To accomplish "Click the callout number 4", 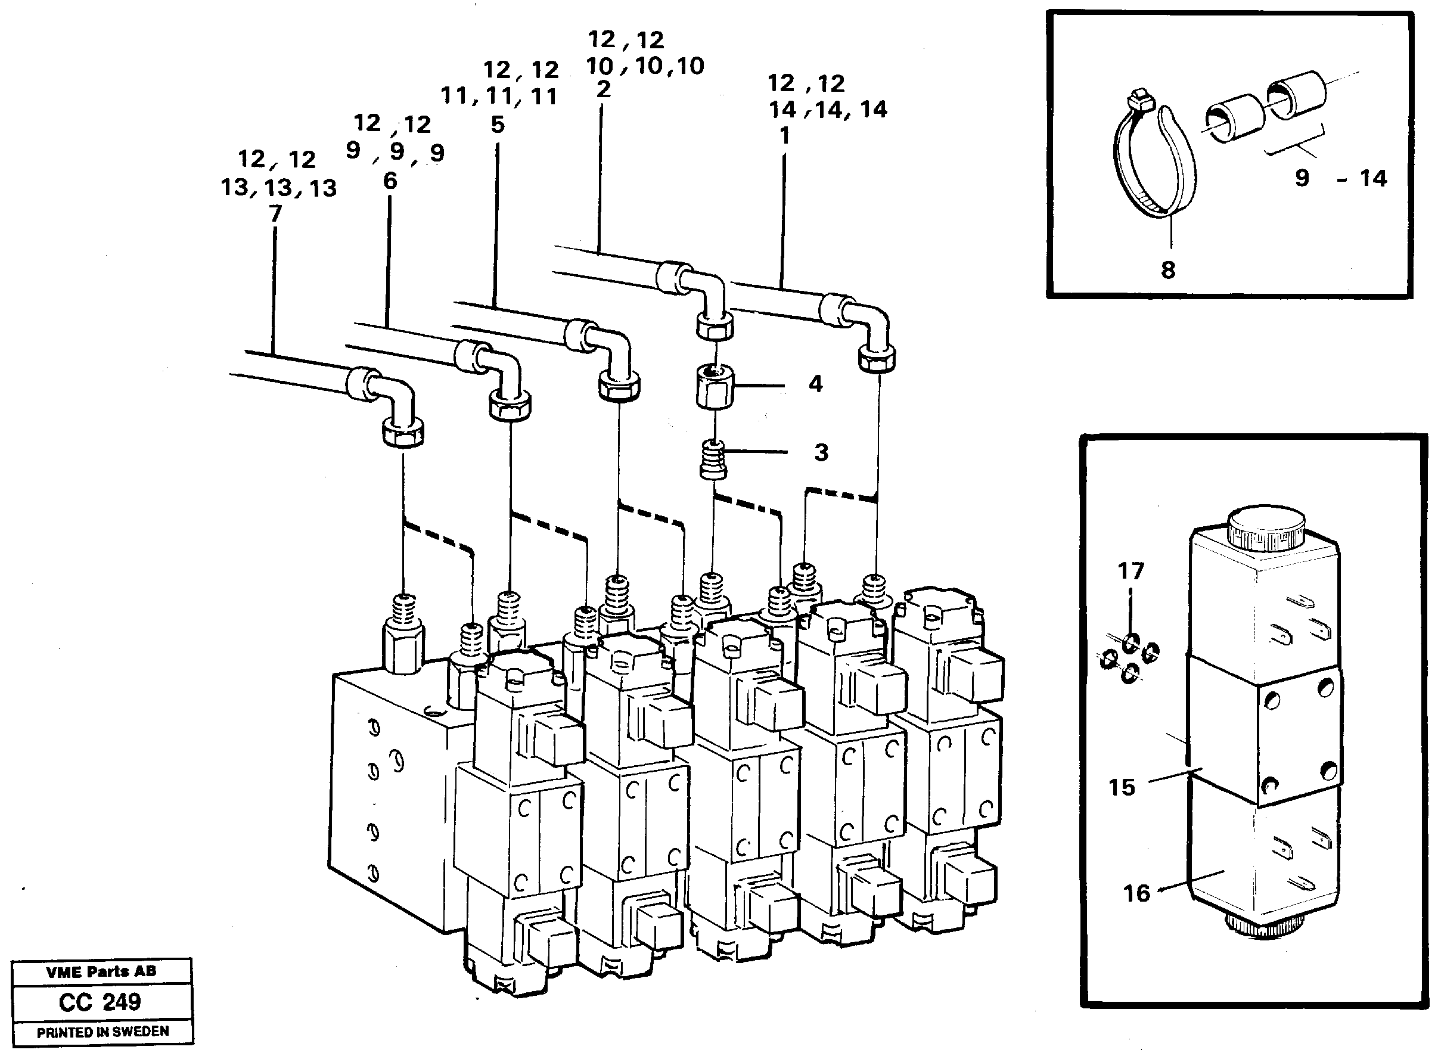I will [815, 384].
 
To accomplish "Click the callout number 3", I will [821, 452].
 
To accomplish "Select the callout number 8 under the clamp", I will [1168, 270].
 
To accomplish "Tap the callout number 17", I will [1130, 570].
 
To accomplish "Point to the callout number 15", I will [1122, 787].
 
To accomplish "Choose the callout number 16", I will [1136, 893].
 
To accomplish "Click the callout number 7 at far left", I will [275, 213].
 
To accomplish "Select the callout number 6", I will [390, 181].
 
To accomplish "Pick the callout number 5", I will [498, 125].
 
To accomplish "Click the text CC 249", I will [100, 1002].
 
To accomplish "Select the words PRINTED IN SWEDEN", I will [103, 1032].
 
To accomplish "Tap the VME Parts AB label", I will [101, 972].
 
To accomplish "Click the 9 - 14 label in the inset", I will [1340, 178].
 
